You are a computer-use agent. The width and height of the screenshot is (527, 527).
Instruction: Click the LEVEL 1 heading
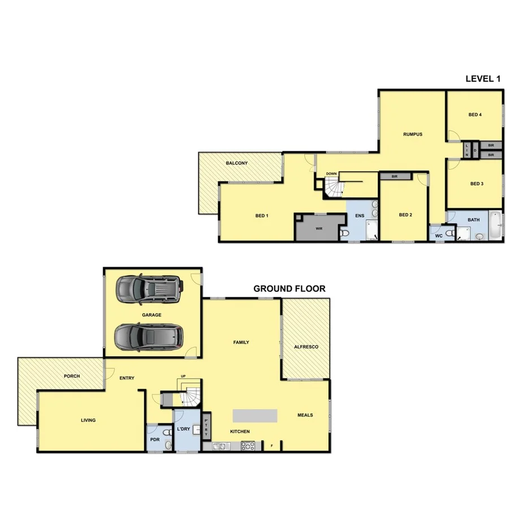482,79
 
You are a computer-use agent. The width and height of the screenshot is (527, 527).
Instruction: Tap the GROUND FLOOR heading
289,288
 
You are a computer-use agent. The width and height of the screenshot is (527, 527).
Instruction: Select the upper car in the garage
149,289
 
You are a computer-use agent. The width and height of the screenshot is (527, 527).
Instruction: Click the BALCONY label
236,163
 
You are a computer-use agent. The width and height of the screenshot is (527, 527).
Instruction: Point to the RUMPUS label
413,134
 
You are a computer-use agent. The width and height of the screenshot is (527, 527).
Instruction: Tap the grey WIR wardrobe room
319,228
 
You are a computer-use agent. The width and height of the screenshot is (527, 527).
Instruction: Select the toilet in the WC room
450,233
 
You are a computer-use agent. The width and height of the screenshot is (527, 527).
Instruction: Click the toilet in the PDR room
167,445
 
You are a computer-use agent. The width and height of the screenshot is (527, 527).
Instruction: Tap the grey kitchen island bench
255,416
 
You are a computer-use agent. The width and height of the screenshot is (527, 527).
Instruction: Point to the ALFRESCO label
306,347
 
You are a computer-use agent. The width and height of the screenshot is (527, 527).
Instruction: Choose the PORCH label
72,376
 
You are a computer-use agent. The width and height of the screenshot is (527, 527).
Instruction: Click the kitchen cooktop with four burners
248,446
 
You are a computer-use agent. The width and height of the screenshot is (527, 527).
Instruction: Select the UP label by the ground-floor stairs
183,376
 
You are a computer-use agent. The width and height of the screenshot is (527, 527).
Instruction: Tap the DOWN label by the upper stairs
331,174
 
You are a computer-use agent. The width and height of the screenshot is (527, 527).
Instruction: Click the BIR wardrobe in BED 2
395,176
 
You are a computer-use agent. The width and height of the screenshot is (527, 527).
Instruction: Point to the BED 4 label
474,114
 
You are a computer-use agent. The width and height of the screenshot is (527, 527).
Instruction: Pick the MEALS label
305,415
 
